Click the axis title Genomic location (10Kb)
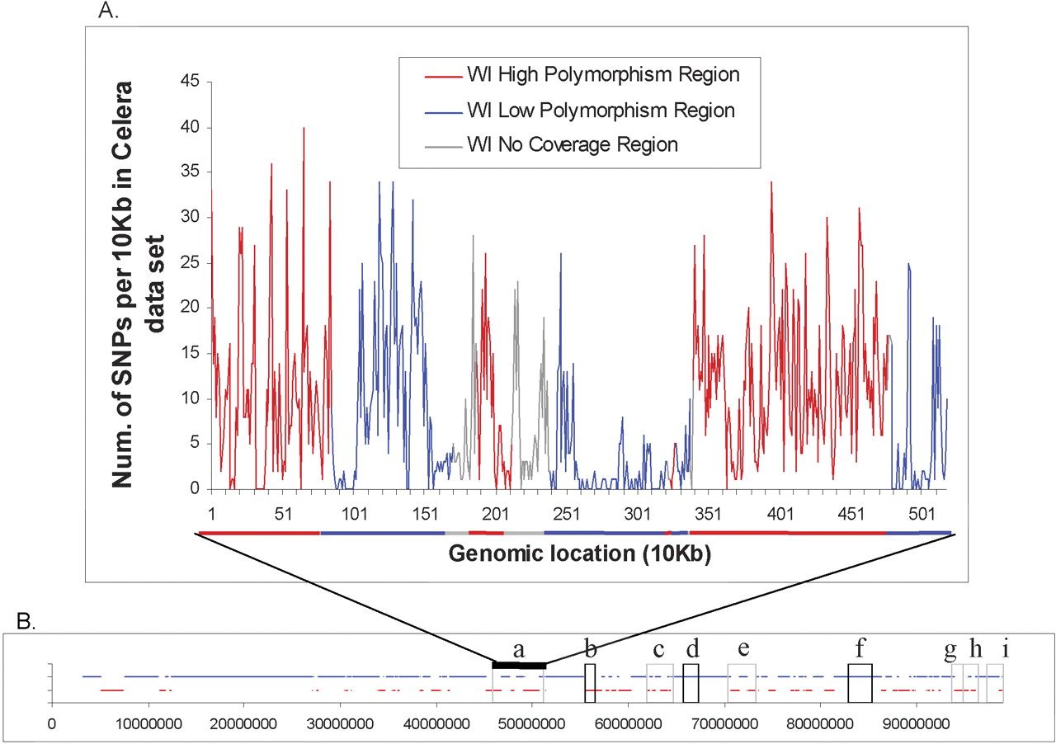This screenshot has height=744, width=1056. tap(580, 554)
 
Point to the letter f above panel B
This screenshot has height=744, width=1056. tap(860, 645)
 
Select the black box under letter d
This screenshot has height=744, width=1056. tap(691, 683)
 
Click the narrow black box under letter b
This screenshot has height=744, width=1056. tap(590, 683)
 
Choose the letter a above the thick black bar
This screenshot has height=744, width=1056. tap(519, 647)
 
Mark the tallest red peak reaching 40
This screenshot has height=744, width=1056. tap(304, 129)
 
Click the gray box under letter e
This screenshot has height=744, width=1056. tap(741, 683)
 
